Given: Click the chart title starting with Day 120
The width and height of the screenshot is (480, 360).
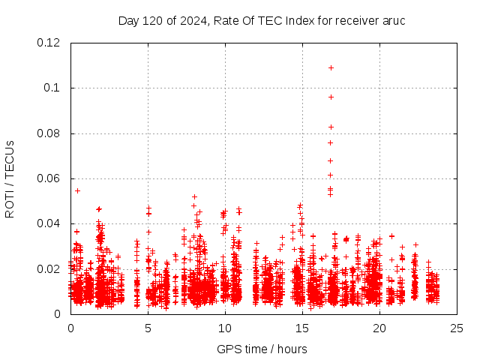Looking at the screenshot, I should coord(262,20).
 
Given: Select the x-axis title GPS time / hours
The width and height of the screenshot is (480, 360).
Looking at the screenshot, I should coord(262,349).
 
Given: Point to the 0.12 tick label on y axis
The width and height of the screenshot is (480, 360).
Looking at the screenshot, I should coord(49,43).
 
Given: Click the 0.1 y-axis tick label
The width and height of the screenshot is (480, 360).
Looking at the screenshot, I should coord(53,88).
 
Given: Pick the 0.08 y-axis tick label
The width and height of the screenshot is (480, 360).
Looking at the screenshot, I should coord(49,133).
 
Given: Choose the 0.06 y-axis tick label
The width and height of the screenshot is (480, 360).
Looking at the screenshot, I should coord(49,178).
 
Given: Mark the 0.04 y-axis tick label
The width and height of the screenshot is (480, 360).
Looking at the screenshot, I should coord(49,223).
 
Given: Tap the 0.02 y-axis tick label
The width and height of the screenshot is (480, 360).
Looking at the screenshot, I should coord(49,269).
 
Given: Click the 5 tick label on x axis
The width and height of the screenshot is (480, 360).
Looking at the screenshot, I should coord(148,328).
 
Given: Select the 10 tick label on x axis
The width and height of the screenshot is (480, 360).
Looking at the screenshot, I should coord(225,328).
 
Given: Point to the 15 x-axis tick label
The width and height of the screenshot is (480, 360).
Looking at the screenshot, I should coord(302,328).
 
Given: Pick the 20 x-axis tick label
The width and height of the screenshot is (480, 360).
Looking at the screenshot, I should coord(379,328).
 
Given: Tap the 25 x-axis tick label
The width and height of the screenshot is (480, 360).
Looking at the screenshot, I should coord(457,328).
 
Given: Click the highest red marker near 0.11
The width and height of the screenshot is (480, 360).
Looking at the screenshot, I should coord(331,67).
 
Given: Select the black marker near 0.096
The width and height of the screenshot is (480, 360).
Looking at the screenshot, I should coord(331,97).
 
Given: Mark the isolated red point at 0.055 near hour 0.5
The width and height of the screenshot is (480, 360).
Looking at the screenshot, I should coord(77,190).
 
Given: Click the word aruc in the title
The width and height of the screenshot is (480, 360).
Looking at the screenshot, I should coord(394,20).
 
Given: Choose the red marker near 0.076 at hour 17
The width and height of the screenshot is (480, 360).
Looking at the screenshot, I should coord(330,142).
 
